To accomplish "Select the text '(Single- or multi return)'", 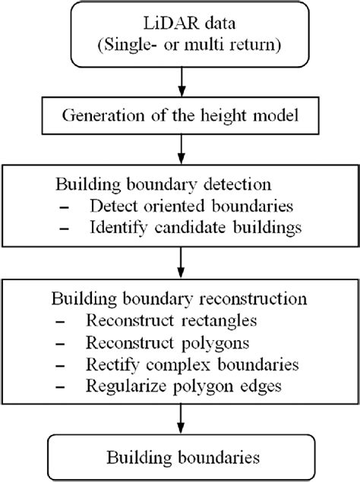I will point(179,47).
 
